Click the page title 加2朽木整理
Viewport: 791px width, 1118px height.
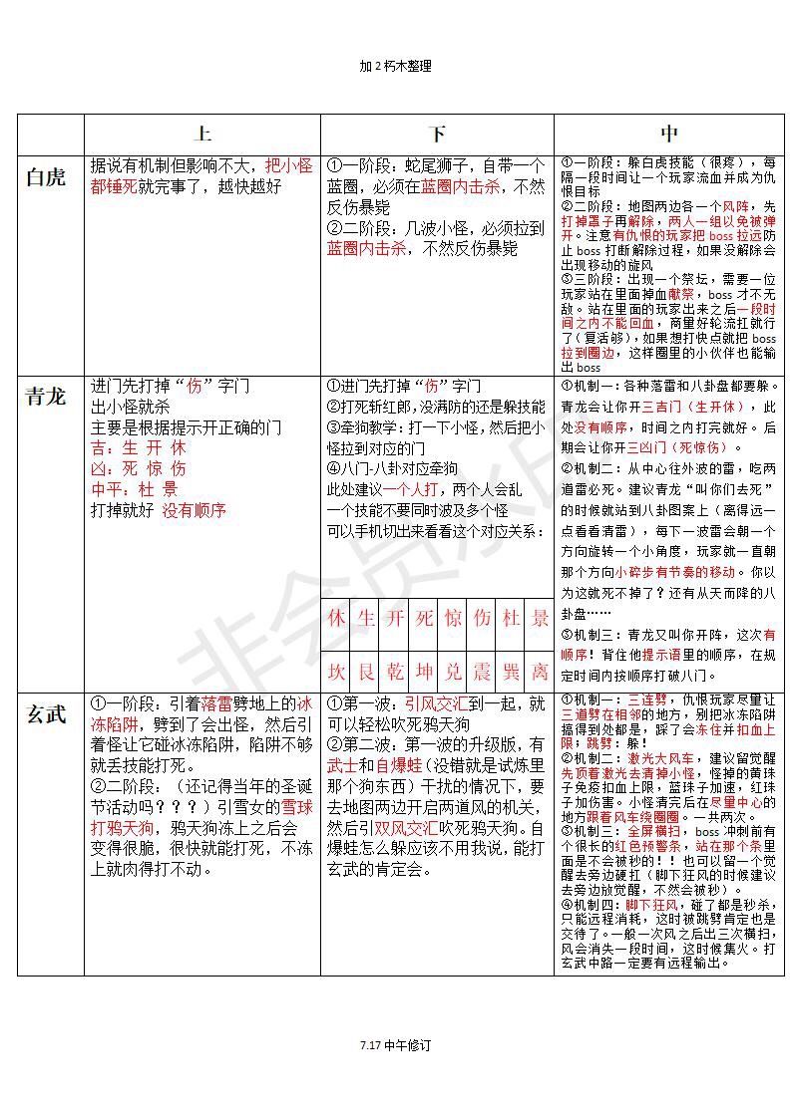point(395,66)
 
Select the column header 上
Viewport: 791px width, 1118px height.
point(202,134)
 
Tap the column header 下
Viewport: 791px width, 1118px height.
point(437,134)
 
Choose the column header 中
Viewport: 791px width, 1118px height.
point(669,134)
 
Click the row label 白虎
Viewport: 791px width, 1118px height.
point(46,177)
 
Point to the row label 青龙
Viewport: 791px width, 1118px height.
point(46,396)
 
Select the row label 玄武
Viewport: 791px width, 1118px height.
point(46,713)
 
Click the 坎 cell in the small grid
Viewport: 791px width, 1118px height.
point(337,672)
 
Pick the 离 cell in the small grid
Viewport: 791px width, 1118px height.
point(541,672)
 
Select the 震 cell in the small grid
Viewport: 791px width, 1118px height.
point(483,672)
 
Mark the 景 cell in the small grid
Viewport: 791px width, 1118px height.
point(541,618)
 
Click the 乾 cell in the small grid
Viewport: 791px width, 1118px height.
point(395,672)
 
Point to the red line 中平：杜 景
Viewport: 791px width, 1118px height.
point(135,489)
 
